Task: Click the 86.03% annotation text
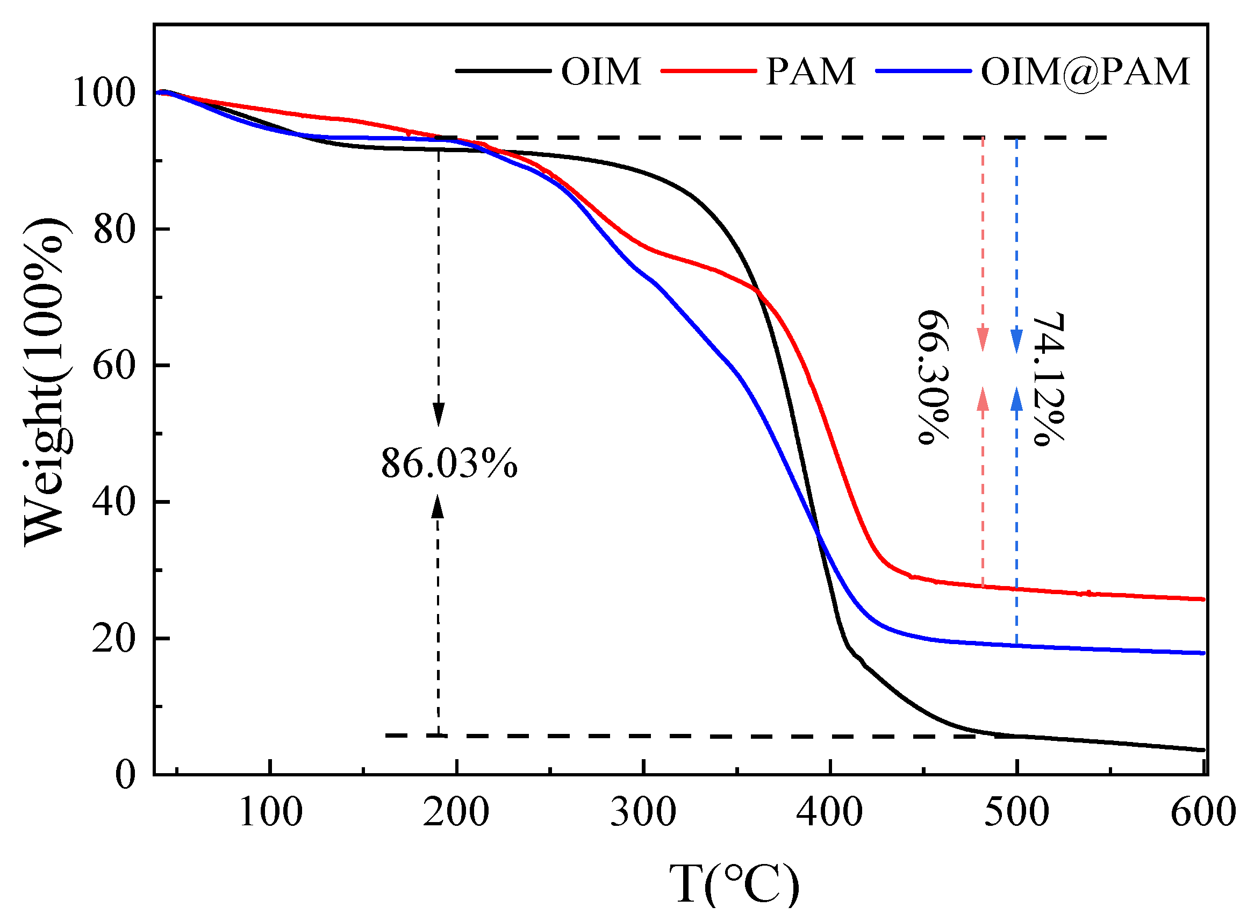(x=449, y=463)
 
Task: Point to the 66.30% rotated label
(x=933, y=377)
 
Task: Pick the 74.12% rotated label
(x=1048, y=380)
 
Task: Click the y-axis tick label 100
(x=104, y=92)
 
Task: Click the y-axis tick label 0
(x=125, y=775)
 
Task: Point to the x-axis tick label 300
(x=643, y=812)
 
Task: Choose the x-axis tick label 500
(x=1017, y=812)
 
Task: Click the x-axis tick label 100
(x=271, y=812)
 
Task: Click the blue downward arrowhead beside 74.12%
(x=1017, y=341)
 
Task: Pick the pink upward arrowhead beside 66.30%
(x=983, y=398)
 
